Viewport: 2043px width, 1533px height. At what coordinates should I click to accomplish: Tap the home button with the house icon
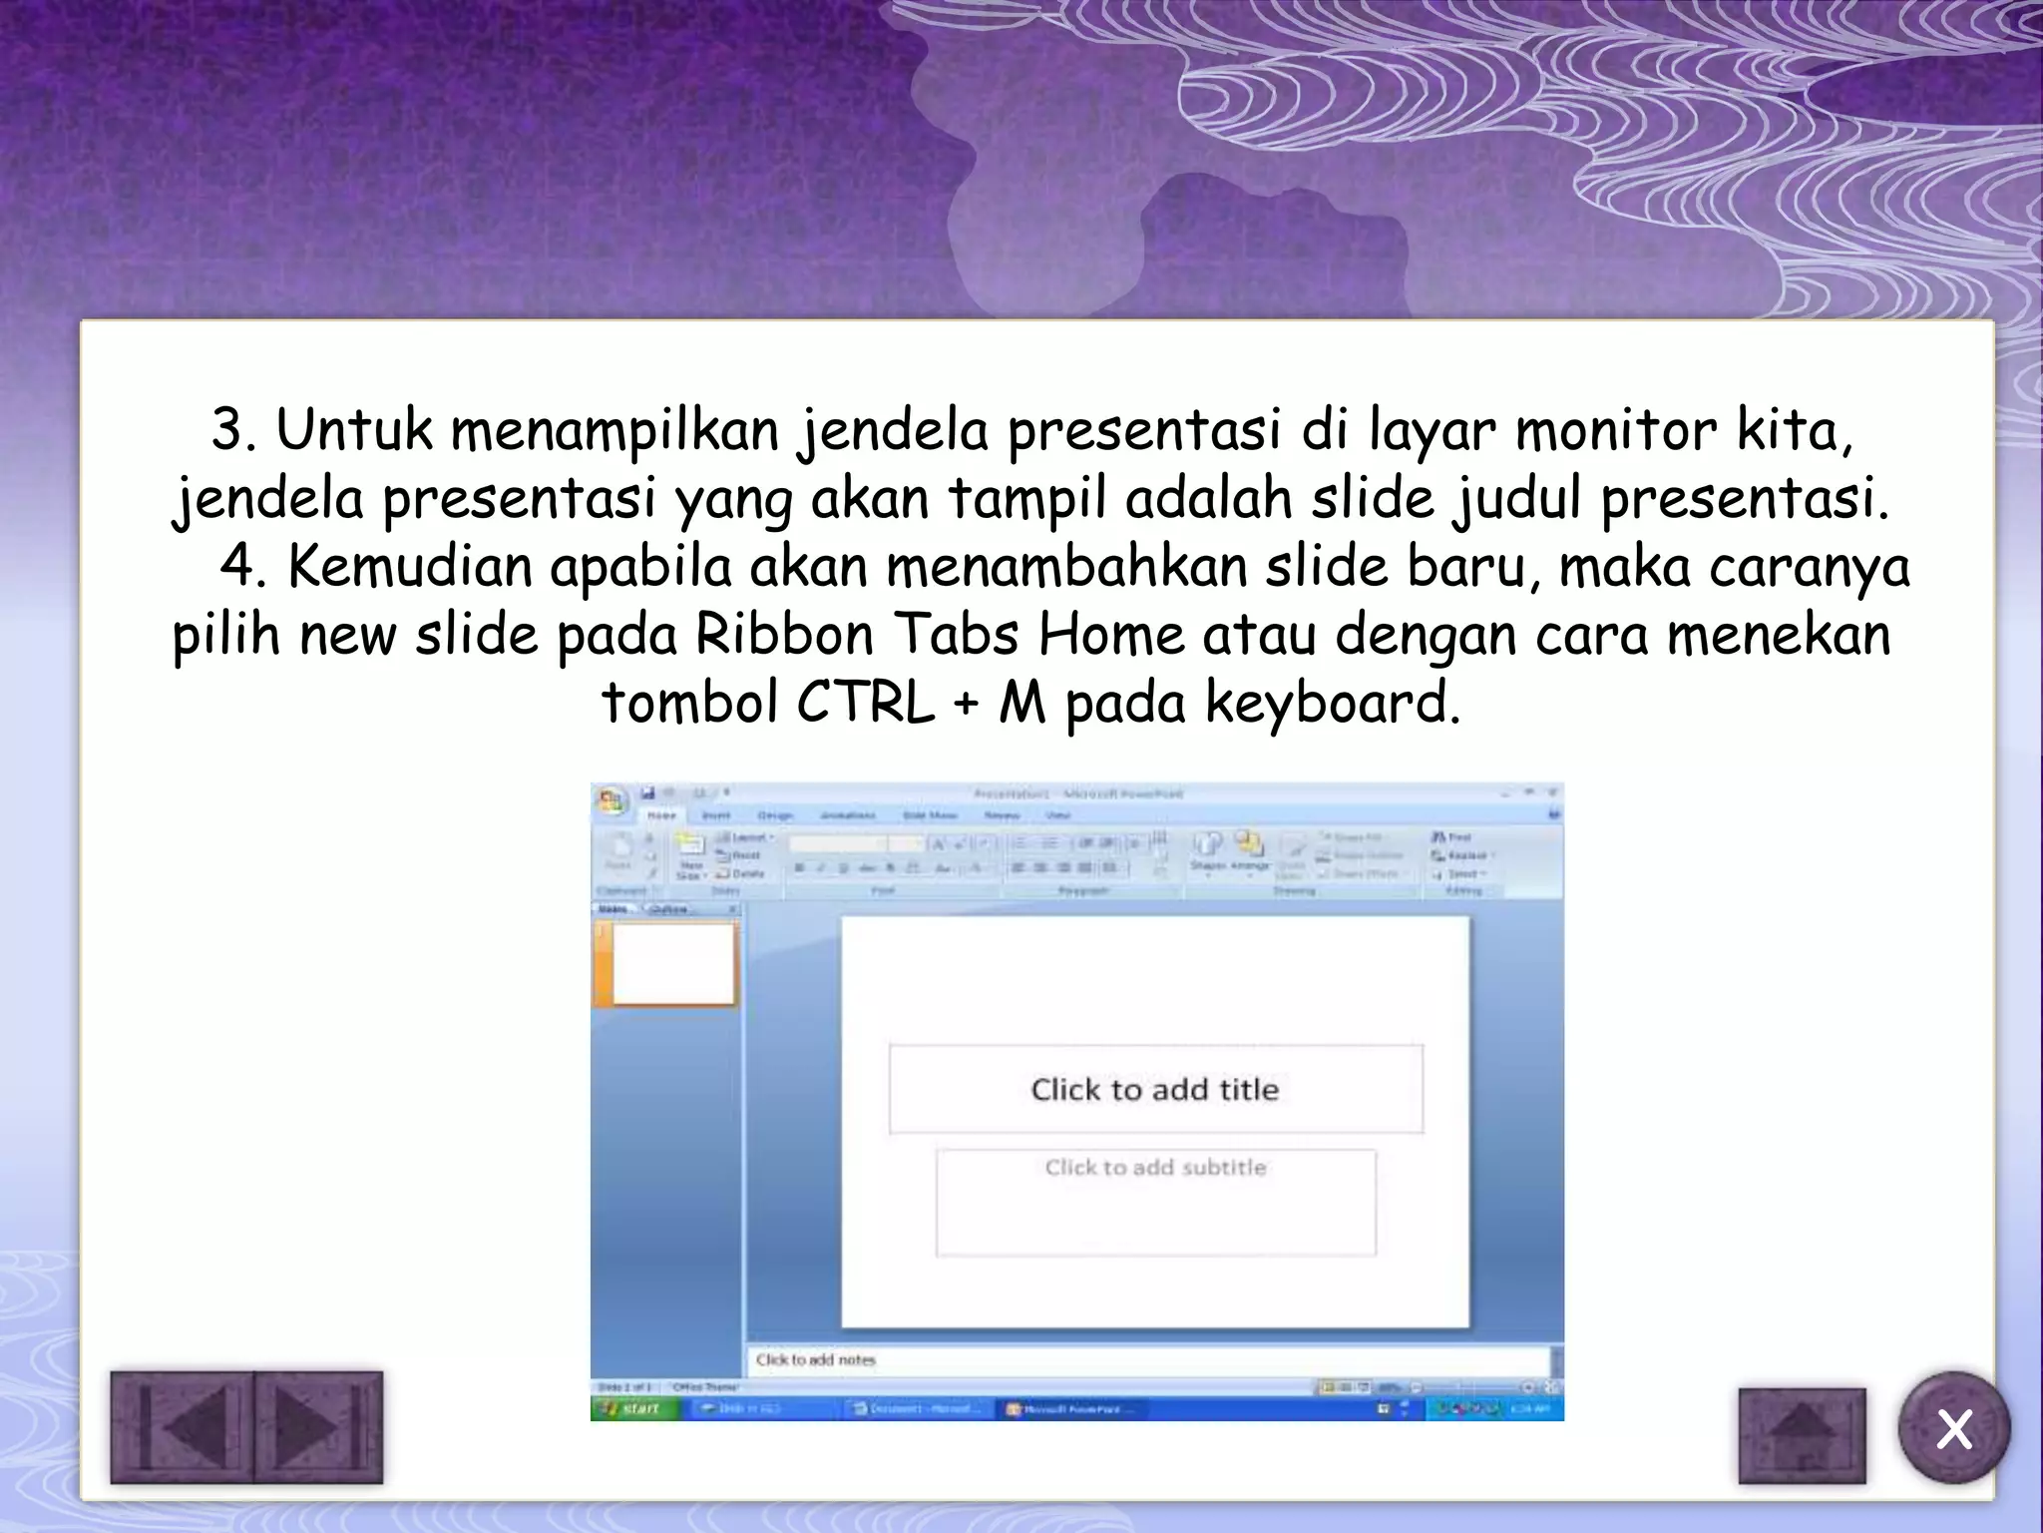(1802, 1435)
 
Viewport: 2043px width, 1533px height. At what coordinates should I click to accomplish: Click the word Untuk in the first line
(354, 430)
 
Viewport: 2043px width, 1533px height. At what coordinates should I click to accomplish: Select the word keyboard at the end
(1332, 703)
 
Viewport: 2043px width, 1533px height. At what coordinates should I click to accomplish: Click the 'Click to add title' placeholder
(1154, 1089)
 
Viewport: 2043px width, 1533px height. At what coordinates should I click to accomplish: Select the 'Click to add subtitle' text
(1155, 1167)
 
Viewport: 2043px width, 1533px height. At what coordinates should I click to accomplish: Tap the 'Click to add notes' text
(815, 1359)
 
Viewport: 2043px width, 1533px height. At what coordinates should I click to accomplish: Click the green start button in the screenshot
(634, 1408)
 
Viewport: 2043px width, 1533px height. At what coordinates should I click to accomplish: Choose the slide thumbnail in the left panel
(672, 962)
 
